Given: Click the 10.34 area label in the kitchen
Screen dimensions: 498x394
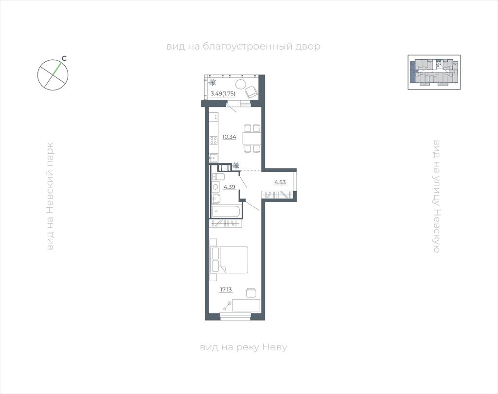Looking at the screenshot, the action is coord(229,137).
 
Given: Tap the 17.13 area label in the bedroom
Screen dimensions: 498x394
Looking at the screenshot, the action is coord(226,289).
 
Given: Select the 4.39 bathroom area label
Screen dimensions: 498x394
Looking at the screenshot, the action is coord(230,187).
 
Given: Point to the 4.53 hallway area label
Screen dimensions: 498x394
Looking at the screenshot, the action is coord(280,182).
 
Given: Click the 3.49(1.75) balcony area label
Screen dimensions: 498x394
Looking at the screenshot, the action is coord(223,94).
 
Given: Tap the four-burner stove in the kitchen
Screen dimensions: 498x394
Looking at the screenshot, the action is coord(213,141).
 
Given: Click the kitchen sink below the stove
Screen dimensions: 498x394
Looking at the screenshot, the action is coord(213,157).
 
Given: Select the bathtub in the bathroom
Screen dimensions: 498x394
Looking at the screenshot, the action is coord(225,212).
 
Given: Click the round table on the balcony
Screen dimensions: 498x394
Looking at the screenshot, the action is coord(240,84).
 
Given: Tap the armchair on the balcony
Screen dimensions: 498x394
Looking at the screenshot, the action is coord(252,92).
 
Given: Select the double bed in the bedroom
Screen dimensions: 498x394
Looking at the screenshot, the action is coord(229,260).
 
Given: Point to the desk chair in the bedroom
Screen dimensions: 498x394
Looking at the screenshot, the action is coord(251,293).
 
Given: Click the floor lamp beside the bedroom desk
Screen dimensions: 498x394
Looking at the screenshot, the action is coord(227,306).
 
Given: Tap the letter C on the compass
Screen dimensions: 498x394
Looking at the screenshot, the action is coord(64,58).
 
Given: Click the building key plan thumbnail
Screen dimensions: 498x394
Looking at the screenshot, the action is coord(434,72).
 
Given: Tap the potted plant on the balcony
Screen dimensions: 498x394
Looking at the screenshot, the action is coord(212,82).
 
